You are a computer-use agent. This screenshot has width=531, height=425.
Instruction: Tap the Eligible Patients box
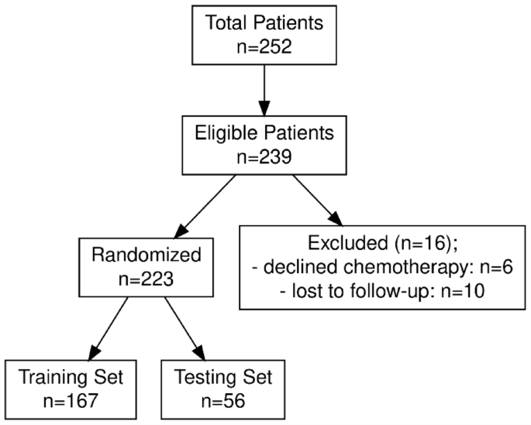click(x=265, y=143)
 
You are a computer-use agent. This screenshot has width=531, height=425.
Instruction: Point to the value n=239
click(x=265, y=156)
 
